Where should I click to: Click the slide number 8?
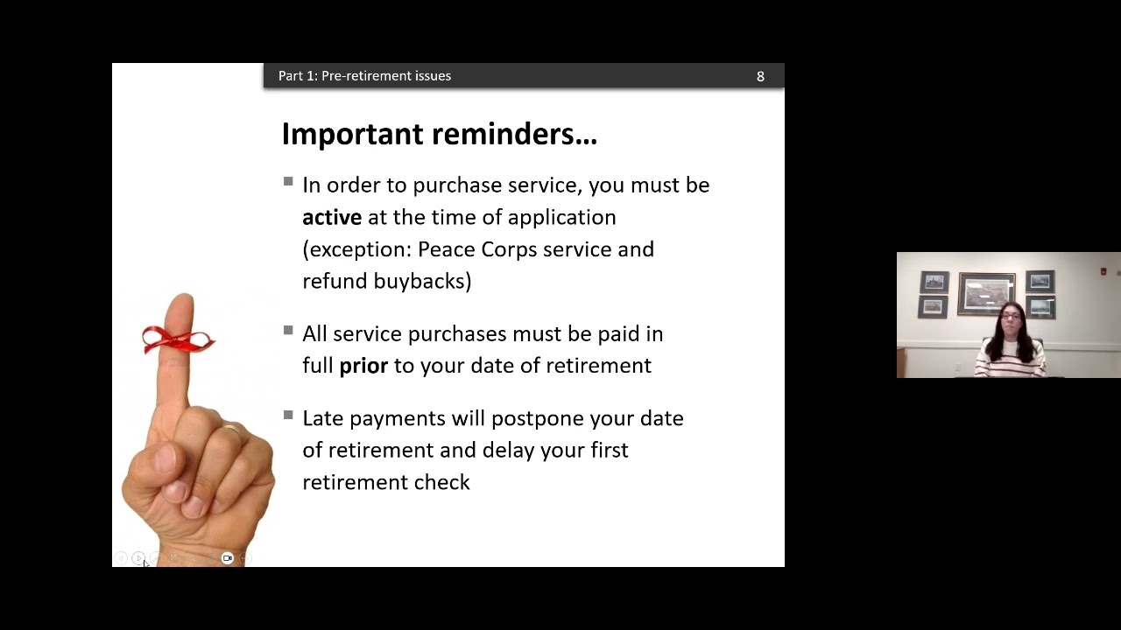click(760, 76)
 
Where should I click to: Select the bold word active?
click(332, 218)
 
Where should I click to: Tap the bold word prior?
click(363, 366)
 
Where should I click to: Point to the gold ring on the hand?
click(232, 430)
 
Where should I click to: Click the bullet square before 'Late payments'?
click(288, 415)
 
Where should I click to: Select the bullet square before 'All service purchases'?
click(288, 331)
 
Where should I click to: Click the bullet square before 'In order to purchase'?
click(288, 181)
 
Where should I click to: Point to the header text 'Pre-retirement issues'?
click(386, 76)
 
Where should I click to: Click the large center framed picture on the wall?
click(986, 294)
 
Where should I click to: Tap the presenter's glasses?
click(1011, 316)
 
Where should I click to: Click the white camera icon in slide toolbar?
click(227, 558)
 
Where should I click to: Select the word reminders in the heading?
click(514, 134)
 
